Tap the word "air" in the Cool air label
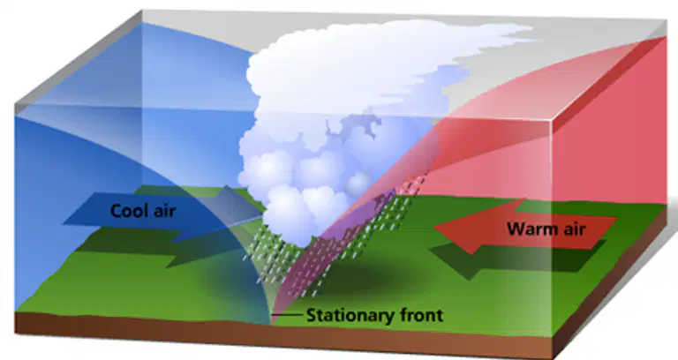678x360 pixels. [x=164, y=211]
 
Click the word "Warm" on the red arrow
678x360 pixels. [x=531, y=229]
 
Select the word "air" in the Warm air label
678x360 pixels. [x=573, y=229]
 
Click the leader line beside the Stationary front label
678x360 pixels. [x=287, y=315]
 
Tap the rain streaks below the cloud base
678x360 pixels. [x=328, y=242]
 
